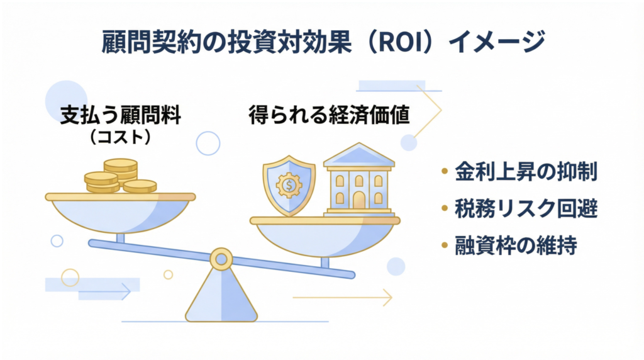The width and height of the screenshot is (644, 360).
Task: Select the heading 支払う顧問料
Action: click(121, 115)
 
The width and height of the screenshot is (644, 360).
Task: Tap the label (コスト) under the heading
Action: click(120, 137)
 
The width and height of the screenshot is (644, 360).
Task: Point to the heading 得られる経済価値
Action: click(329, 115)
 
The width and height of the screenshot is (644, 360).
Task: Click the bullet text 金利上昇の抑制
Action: click(526, 171)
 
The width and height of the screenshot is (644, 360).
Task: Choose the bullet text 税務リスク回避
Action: click(526, 208)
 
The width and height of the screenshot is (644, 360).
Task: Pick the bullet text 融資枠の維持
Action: click(516, 245)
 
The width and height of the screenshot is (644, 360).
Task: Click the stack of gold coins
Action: click(120, 176)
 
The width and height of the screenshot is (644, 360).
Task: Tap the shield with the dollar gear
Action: click(289, 185)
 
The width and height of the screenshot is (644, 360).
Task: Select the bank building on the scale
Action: click(359, 179)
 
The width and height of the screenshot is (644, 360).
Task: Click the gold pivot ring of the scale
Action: click(221, 259)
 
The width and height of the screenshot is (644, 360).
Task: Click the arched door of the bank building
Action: click(359, 201)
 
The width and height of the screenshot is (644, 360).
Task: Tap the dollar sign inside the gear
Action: click(289, 185)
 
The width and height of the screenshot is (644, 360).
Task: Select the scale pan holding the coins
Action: click(120, 212)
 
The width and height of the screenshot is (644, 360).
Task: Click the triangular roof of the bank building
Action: click(359, 155)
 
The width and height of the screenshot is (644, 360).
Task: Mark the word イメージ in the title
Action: click(497, 42)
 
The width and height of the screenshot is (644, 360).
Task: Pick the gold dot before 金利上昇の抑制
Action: click(445, 171)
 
